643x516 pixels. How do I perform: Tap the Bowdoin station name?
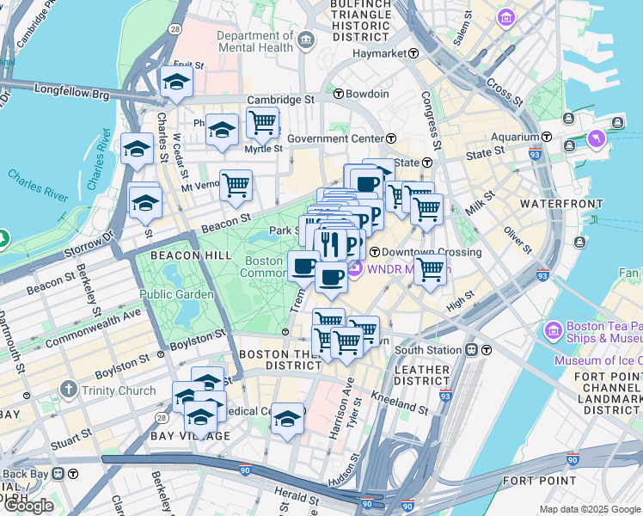[x=368, y=94]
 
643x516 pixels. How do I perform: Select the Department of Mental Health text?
[x=254, y=42]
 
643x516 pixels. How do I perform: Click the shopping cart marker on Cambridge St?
[x=262, y=121]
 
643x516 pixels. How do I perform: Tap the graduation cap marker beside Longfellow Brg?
[x=175, y=83]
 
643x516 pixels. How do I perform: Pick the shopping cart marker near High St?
[x=430, y=269]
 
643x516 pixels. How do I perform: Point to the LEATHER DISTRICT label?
[x=421, y=376]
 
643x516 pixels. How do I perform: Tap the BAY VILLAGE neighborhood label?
[x=190, y=436]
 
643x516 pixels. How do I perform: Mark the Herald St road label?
[x=297, y=495]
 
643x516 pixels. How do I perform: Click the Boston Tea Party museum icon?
[x=553, y=329]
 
